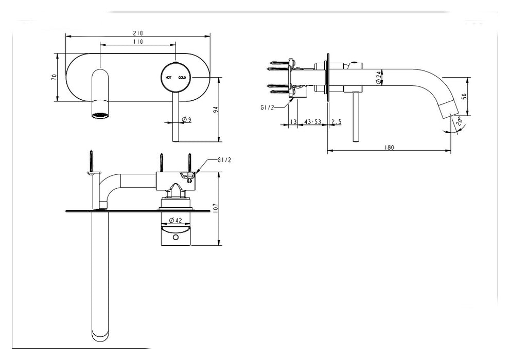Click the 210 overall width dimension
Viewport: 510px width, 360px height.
point(137,32)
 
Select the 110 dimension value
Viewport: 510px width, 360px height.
point(137,42)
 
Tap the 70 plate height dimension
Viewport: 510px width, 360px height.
point(54,77)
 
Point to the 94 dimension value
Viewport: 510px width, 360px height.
point(216,110)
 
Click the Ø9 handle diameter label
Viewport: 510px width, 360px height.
point(187,120)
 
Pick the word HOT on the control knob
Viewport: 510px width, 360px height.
point(168,78)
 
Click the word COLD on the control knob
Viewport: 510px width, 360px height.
point(182,78)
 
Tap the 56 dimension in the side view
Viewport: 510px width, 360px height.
point(464,97)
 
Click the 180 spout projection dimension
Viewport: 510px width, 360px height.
point(389,148)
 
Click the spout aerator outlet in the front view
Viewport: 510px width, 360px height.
point(101,114)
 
